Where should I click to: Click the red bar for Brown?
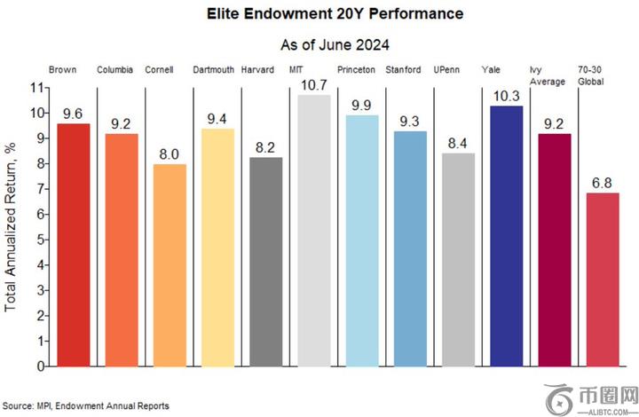tap(73, 244)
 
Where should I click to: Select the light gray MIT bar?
tap(313, 230)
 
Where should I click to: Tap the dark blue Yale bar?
tap(506, 235)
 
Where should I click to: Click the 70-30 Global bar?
tap(603, 279)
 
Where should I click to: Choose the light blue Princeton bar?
tap(361, 240)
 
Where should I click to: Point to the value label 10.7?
tap(313, 85)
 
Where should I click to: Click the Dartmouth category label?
tap(213, 68)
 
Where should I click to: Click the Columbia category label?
tap(115, 68)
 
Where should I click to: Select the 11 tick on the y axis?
tap(36, 87)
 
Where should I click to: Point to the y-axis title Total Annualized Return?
tap(12, 226)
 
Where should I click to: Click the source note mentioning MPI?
tap(85, 405)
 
